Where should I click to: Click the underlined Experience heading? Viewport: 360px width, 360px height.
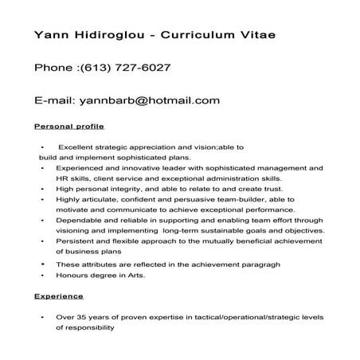tap(58, 296)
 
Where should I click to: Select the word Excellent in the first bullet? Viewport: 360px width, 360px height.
tap(77, 148)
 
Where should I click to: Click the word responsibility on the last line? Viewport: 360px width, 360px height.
tap(85, 327)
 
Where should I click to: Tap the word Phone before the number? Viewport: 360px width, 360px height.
tap(53, 68)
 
